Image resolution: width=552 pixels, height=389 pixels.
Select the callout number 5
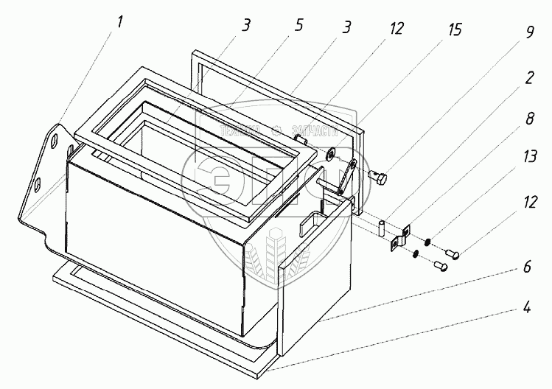[x=298, y=24]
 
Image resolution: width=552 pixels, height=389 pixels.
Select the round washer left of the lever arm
[x=330, y=154]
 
